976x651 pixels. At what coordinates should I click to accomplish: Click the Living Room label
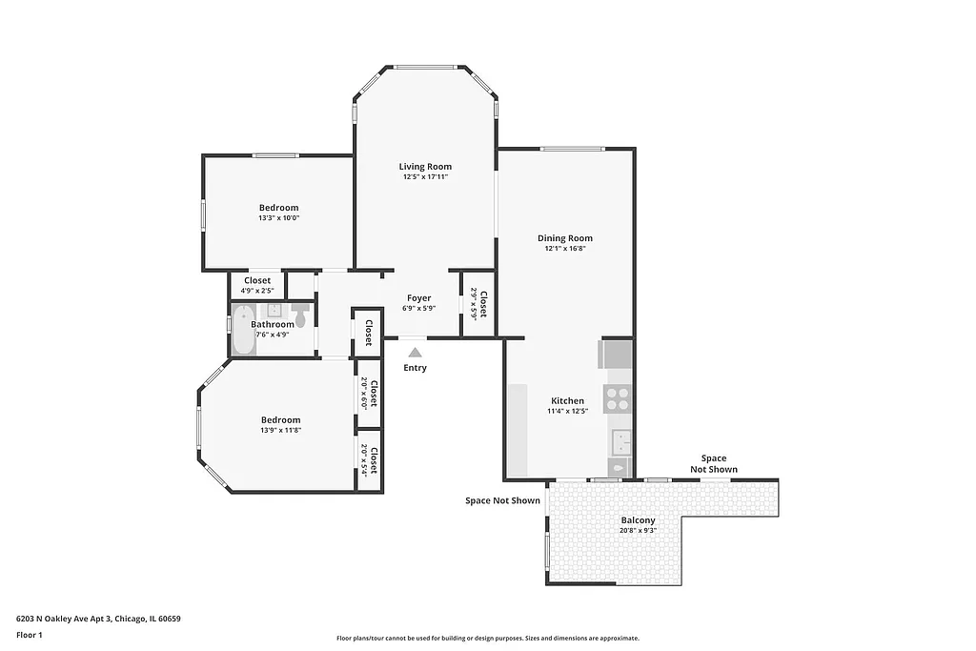point(425,167)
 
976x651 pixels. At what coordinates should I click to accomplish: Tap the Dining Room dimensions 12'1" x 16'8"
point(565,249)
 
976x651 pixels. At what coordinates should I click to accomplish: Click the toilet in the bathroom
point(301,315)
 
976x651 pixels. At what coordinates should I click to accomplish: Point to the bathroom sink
point(273,311)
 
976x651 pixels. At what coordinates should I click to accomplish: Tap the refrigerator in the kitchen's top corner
point(616,355)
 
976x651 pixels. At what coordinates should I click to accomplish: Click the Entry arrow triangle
point(416,352)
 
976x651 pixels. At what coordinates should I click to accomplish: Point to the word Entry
point(416,368)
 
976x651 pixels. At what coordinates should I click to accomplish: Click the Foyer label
point(419,298)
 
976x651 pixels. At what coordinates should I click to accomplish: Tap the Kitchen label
point(567,401)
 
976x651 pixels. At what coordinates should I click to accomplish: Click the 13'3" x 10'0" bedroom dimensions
point(279,218)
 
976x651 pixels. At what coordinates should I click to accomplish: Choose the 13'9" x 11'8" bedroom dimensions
point(281,430)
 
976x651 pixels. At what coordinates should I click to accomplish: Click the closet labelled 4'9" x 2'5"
point(257,286)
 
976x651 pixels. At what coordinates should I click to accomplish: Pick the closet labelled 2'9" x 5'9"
point(478,305)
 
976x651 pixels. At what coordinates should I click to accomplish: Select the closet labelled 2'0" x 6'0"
point(369,395)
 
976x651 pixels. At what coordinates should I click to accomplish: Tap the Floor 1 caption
point(30,635)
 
